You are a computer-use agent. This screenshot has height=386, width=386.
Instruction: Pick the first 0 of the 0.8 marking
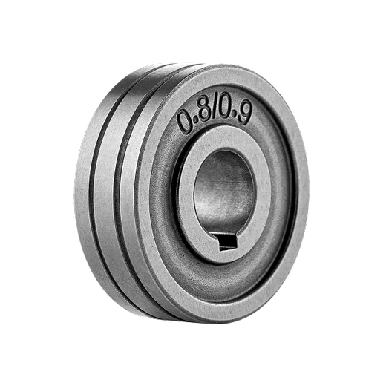(185, 120)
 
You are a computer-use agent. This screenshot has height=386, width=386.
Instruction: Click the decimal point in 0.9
(234, 120)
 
